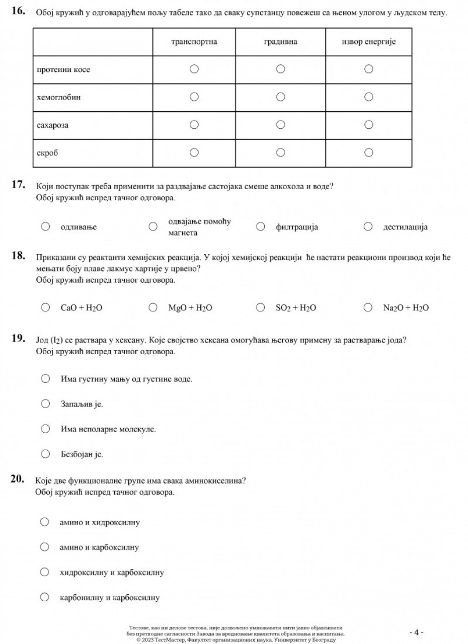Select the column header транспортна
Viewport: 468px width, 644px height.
[x=194, y=42]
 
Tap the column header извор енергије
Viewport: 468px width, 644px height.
[x=368, y=42]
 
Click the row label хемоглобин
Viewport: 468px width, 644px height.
[x=59, y=97]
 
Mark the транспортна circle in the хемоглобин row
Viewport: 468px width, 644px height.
[x=194, y=97]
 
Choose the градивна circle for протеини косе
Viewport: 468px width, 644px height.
[x=281, y=69]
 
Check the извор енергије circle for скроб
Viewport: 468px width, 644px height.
[x=368, y=152]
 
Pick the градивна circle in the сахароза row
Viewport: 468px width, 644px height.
[x=281, y=124]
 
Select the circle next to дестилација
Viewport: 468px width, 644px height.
[x=368, y=227]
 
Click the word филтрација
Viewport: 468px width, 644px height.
[x=297, y=227]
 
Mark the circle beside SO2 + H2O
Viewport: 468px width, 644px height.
[x=261, y=307]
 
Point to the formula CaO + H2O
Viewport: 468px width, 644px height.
[x=82, y=308]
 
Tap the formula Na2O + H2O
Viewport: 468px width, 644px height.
[x=406, y=308]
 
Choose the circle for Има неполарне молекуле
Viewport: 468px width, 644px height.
[x=45, y=429]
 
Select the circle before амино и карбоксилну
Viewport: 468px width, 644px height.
[x=45, y=547]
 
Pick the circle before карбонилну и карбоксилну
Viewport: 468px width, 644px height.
[x=45, y=597]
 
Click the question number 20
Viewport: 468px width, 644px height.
[x=18, y=478]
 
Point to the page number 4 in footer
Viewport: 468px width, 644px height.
[x=416, y=632]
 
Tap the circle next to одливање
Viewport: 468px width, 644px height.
[x=45, y=227]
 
